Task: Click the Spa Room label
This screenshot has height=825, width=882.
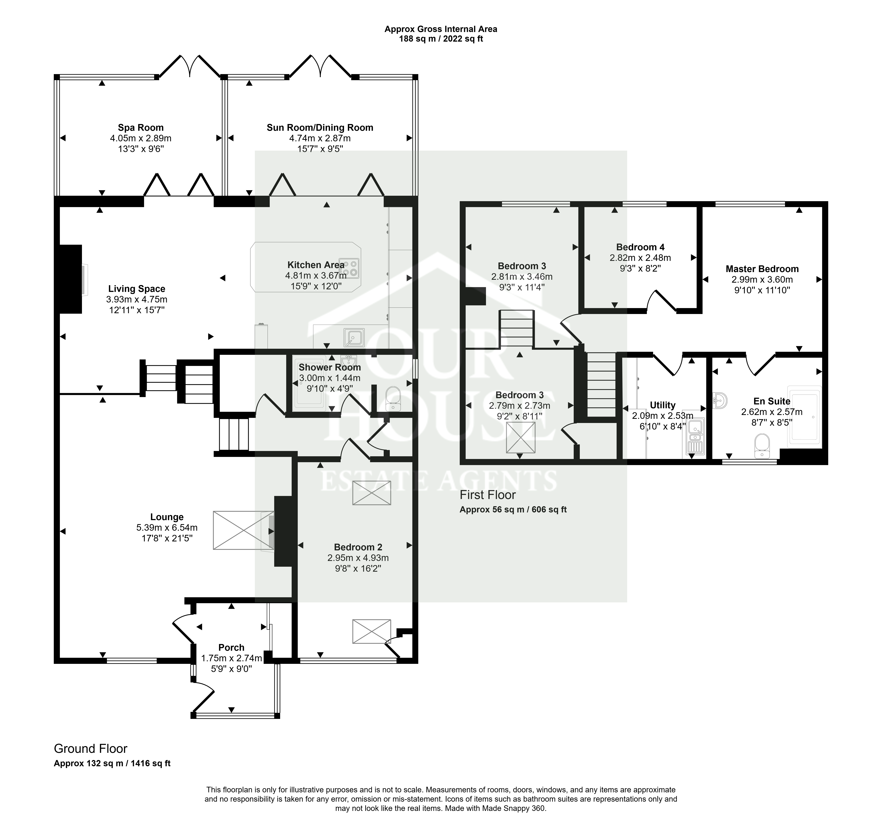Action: [141, 128]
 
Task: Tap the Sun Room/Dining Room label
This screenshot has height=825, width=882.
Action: [320, 128]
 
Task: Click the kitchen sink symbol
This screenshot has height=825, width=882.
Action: [354, 338]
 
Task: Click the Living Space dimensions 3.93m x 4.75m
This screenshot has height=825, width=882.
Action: [137, 299]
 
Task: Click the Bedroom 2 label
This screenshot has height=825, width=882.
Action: [358, 547]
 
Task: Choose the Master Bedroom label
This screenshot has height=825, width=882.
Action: [762, 269]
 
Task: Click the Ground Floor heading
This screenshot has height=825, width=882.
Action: [90, 749]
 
